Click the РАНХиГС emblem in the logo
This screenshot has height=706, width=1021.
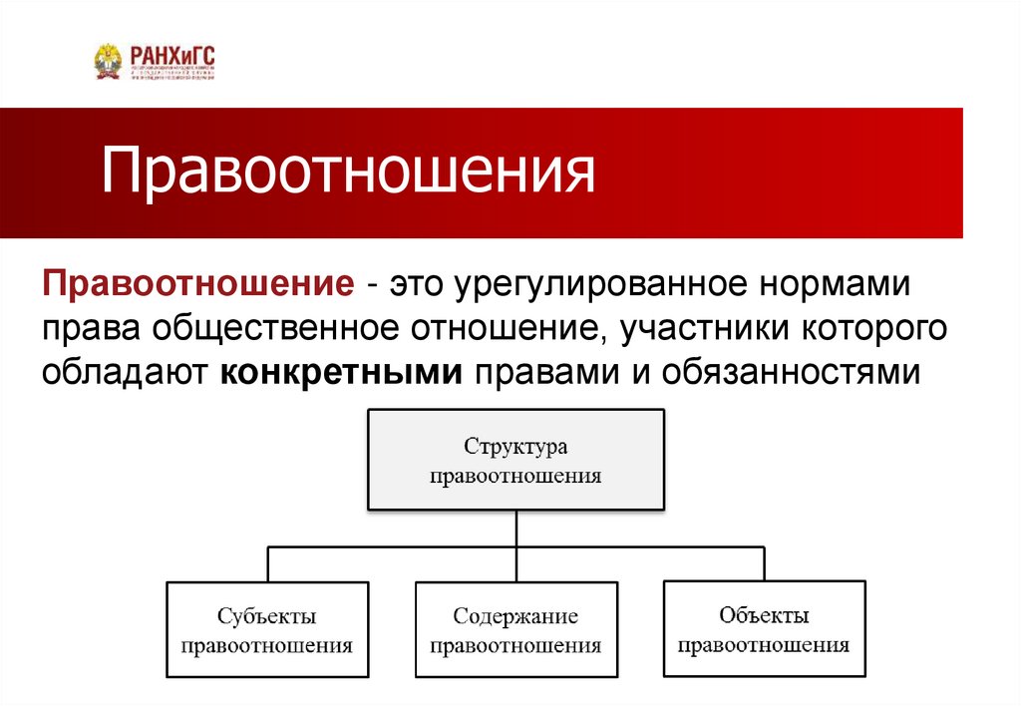[x=107, y=61]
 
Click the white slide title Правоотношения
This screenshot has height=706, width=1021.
[x=348, y=172]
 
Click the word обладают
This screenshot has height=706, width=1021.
[x=124, y=373]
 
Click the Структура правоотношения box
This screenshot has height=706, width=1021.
[x=515, y=460]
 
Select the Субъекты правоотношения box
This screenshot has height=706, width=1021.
[x=266, y=630]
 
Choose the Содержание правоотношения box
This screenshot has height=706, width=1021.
[x=515, y=630]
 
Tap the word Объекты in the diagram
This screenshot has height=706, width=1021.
[x=764, y=615]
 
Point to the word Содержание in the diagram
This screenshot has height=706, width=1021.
[x=515, y=617]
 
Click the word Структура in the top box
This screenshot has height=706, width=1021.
[x=515, y=447]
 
